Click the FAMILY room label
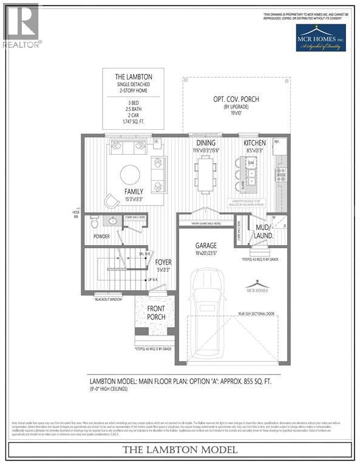(x=134, y=191)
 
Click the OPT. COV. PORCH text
(x=236, y=99)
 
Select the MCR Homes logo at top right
(x=320, y=38)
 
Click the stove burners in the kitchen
(x=281, y=175)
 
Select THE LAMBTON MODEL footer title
(x=180, y=450)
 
